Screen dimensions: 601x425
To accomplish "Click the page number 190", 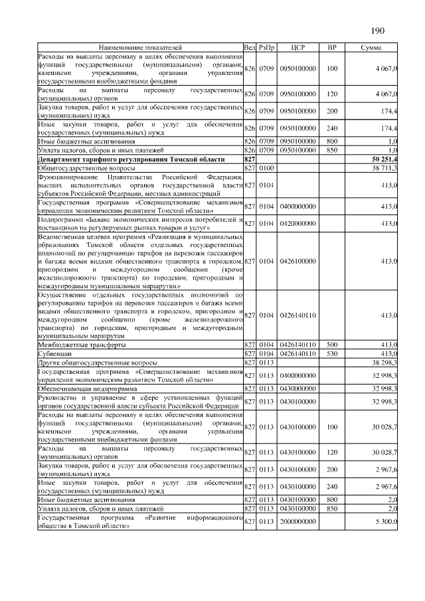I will (x=378, y=31).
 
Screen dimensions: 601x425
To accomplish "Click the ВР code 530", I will (x=332, y=354).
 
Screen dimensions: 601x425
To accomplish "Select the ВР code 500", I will (x=332, y=345).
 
